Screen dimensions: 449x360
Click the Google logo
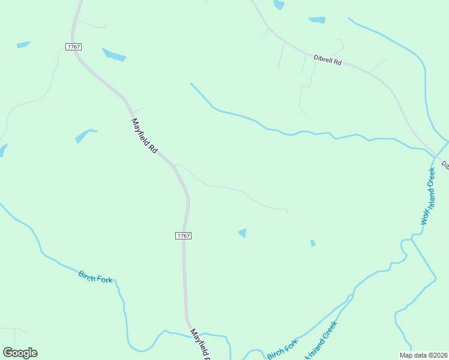[x=20, y=353]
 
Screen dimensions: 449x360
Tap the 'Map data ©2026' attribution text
[x=423, y=355]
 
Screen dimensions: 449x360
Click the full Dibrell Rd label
[x=327, y=60]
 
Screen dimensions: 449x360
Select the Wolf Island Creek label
[x=429, y=196]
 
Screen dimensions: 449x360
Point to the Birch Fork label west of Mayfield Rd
[x=95, y=277]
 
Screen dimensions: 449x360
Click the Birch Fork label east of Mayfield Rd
[x=282, y=350]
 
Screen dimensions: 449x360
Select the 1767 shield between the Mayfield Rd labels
[x=184, y=236]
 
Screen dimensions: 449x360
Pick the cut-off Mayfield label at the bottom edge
[x=200, y=344]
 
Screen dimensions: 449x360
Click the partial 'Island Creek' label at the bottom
[x=321, y=341]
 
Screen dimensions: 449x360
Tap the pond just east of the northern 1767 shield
[x=114, y=55]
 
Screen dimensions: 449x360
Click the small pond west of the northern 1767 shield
[x=23, y=44]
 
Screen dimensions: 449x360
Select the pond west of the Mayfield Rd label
[x=84, y=136]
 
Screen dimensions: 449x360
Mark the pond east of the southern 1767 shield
[x=243, y=233]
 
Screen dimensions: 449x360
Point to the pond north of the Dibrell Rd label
[x=316, y=20]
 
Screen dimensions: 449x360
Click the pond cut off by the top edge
[x=279, y=5]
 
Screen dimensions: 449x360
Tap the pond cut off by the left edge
[x=2, y=150]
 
